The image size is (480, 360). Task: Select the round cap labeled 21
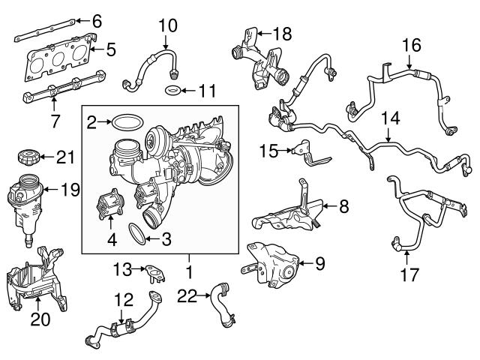coord(25,160)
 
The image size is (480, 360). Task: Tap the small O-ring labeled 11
coord(173,91)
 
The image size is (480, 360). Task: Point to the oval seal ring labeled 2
coord(129,121)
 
